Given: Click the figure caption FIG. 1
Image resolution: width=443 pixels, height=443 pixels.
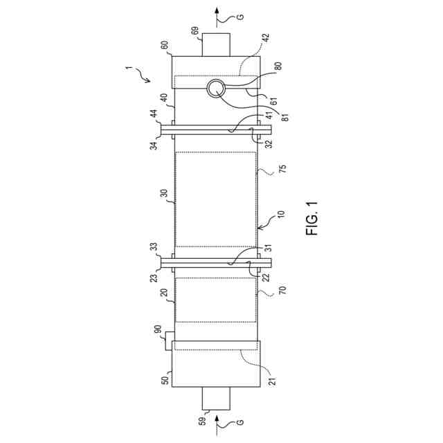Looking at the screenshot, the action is click(311, 219).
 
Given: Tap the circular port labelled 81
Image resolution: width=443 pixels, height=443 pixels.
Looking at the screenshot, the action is click(217, 88).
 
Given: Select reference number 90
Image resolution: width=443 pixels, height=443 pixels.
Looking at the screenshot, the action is click(158, 329).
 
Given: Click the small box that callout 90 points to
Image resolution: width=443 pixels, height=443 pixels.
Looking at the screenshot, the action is click(169, 341).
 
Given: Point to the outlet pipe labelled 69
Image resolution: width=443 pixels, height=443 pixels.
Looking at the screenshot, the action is click(216, 45).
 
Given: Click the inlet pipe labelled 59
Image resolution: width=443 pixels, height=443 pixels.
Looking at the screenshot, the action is click(216, 398).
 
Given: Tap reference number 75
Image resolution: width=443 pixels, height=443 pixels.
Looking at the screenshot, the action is click(282, 168).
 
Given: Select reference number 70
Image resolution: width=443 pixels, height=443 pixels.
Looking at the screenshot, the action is click(282, 291).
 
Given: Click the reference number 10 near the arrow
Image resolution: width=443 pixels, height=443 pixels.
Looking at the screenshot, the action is click(282, 215).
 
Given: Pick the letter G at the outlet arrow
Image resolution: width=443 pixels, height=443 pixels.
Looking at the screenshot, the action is click(240, 17).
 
